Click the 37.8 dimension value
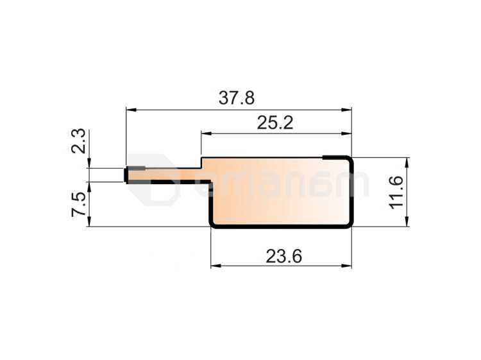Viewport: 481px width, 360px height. point(237,98)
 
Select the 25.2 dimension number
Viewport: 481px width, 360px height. point(275,123)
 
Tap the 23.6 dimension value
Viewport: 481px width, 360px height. point(283,256)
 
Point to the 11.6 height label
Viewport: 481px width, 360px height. point(396,193)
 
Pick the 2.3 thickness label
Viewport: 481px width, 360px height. point(78,141)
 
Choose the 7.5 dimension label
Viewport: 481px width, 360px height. point(78,205)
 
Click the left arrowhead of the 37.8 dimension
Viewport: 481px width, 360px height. point(131,110)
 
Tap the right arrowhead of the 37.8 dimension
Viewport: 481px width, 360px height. point(346,110)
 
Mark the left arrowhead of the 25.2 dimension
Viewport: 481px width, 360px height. point(206,133)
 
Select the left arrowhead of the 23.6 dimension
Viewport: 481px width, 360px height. point(216,266)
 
